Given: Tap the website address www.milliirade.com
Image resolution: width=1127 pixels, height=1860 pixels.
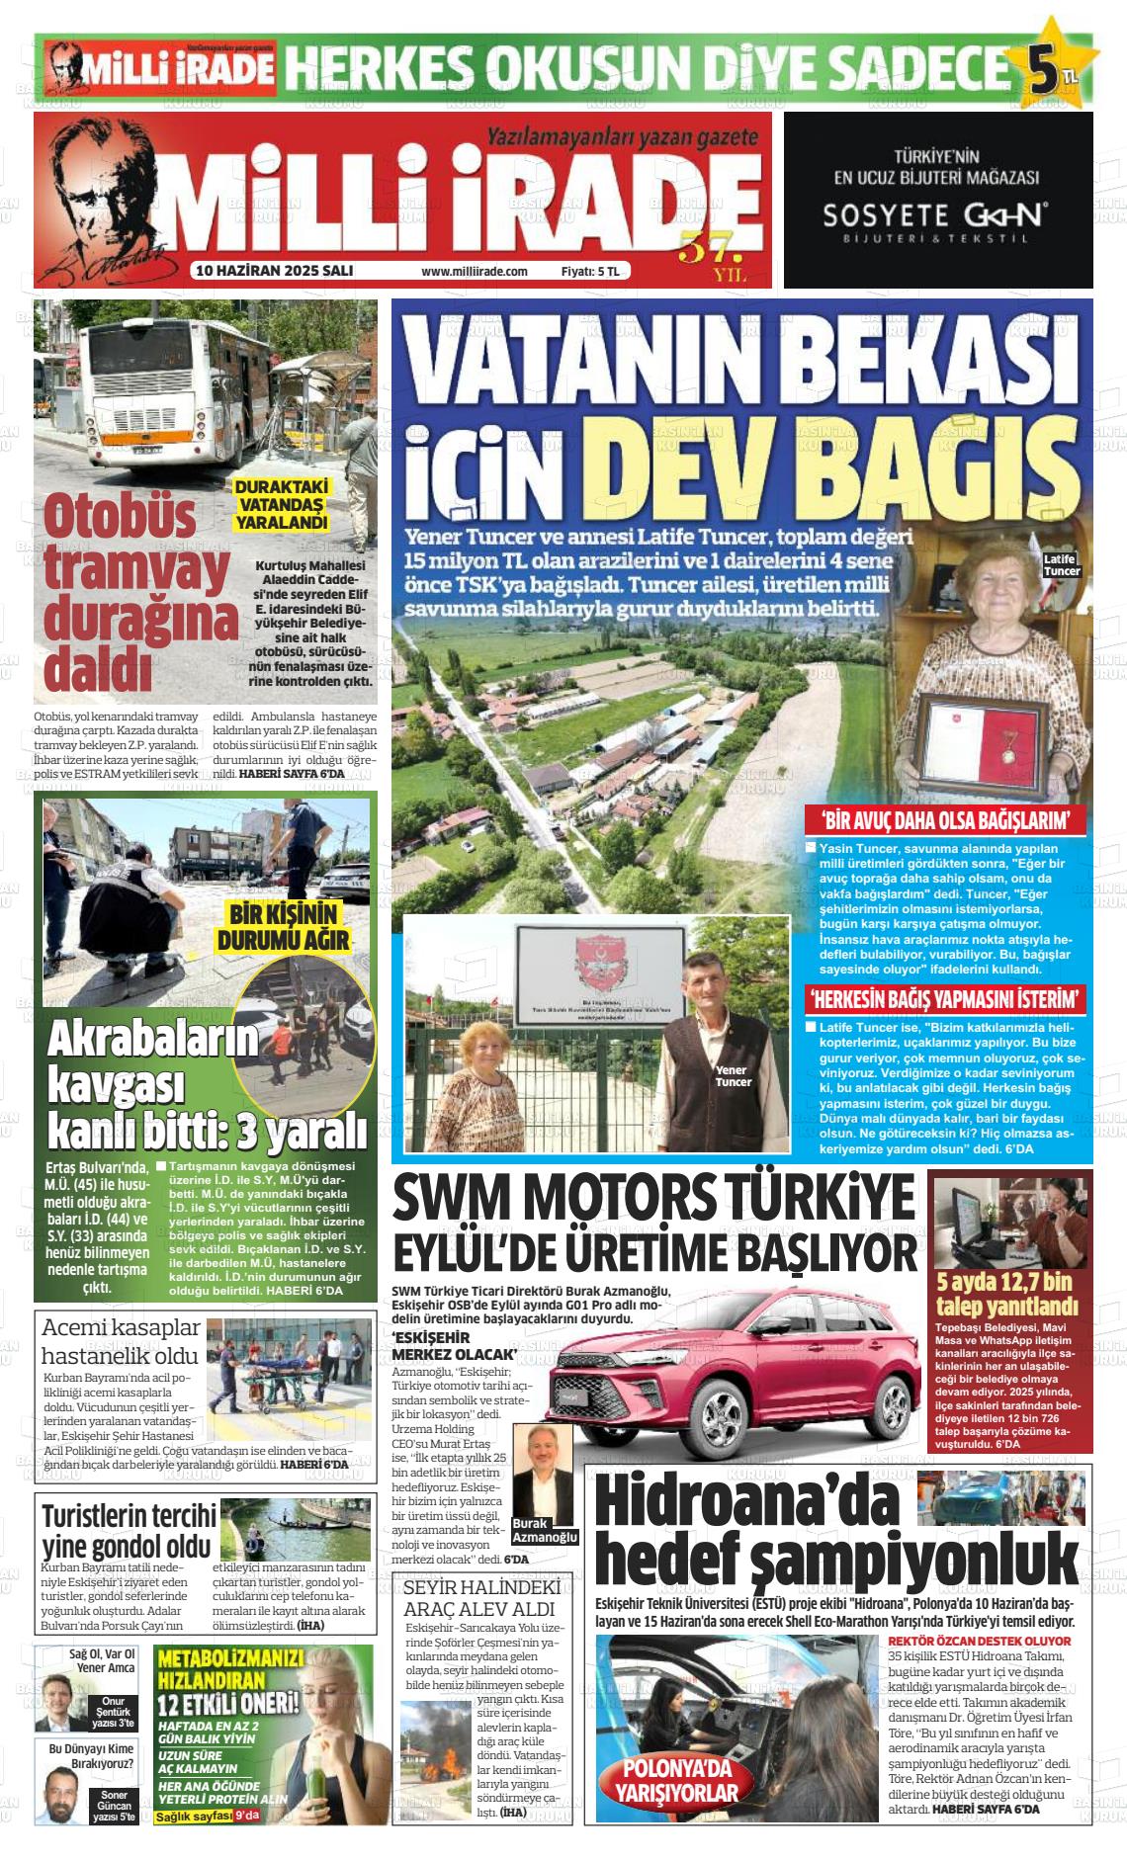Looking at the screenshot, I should [475, 271].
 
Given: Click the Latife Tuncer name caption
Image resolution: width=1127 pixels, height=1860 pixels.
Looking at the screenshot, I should [1062, 565].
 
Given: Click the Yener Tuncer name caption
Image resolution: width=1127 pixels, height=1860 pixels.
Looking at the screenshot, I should [732, 1075].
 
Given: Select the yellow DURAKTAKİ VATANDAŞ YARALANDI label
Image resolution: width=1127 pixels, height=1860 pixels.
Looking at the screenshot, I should [281, 504].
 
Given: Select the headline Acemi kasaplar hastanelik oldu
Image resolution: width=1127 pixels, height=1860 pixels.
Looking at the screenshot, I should [121, 1340].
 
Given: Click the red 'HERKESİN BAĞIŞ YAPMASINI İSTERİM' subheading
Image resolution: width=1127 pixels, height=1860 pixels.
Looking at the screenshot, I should [947, 997].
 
